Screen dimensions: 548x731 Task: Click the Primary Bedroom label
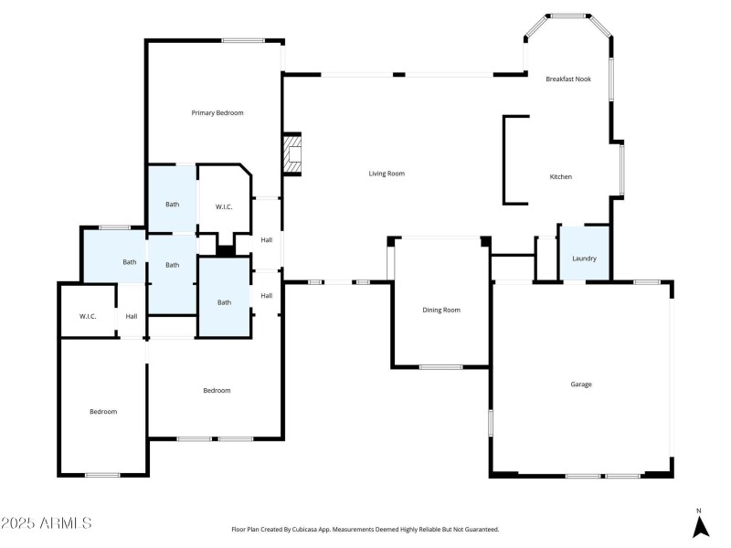pyautogui.click(x=217, y=112)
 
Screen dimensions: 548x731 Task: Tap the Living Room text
pyautogui.click(x=387, y=174)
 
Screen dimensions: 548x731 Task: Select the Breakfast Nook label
pyautogui.click(x=568, y=79)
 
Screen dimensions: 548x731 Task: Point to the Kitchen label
pyautogui.click(x=560, y=177)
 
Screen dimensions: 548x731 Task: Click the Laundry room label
pyautogui.click(x=584, y=258)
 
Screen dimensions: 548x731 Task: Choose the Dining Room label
pyautogui.click(x=441, y=311)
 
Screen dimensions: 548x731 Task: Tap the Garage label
pyautogui.click(x=581, y=385)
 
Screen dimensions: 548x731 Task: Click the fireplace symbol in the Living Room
pyautogui.click(x=291, y=154)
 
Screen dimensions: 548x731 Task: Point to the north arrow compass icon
pyautogui.click(x=700, y=527)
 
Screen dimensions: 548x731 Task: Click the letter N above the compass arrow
pyautogui.click(x=700, y=511)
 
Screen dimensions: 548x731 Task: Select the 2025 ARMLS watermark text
pyautogui.click(x=47, y=523)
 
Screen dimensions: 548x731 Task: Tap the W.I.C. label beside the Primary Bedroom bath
pyautogui.click(x=224, y=207)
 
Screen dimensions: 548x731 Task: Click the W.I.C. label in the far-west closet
pyautogui.click(x=88, y=316)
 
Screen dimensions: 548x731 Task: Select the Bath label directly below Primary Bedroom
pyautogui.click(x=172, y=205)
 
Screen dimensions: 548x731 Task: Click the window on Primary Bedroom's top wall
pyautogui.click(x=243, y=40)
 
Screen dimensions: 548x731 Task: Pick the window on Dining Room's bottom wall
pyautogui.click(x=440, y=367)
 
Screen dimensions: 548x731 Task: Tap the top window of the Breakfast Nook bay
pyautogui.click(x=569, y=16)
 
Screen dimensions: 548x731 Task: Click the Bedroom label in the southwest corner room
pyautogui.click(x=103, y=412)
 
